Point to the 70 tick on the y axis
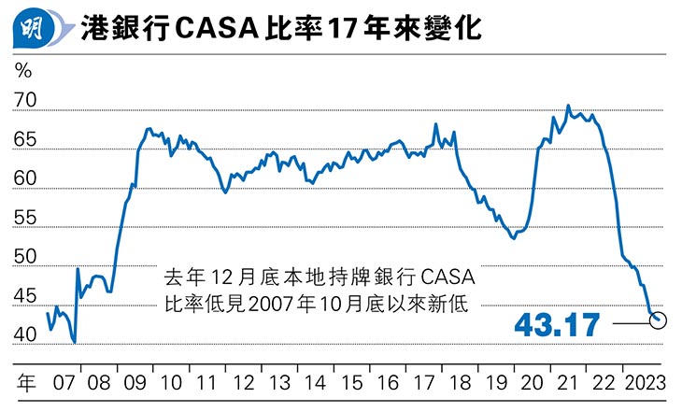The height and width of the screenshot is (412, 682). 26,101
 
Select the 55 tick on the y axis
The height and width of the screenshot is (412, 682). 26,218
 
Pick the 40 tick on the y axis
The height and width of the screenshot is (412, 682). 26,334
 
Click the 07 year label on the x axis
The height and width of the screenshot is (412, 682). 64,383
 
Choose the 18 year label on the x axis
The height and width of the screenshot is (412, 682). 460,383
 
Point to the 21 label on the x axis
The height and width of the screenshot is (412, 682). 567,383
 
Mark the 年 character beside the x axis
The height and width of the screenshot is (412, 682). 27,383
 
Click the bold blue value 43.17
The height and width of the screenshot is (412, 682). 558,325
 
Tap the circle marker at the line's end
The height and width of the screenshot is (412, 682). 658,320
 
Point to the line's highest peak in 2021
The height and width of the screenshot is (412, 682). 568,106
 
